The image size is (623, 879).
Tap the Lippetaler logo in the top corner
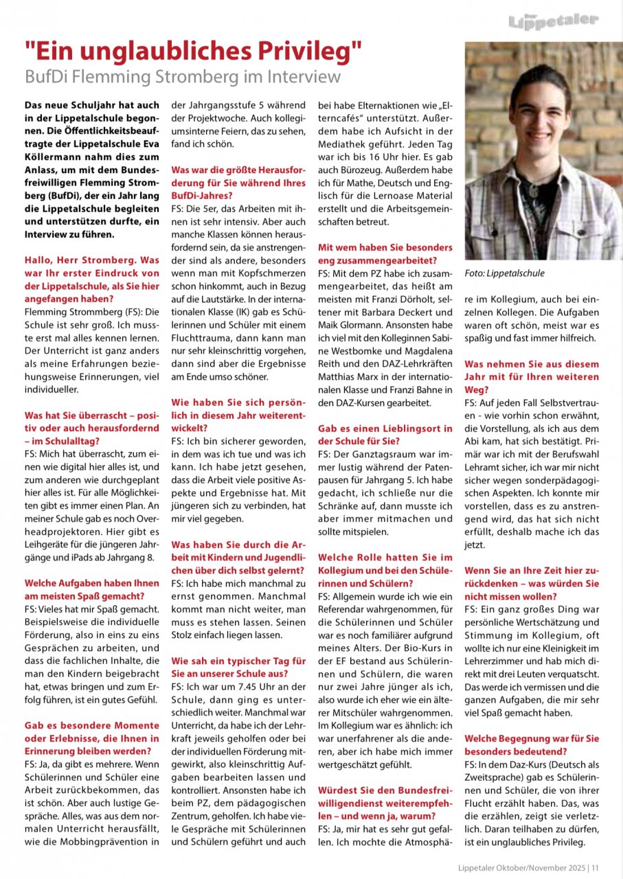(552, 21)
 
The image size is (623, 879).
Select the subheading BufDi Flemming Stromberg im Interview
(183, 76)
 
